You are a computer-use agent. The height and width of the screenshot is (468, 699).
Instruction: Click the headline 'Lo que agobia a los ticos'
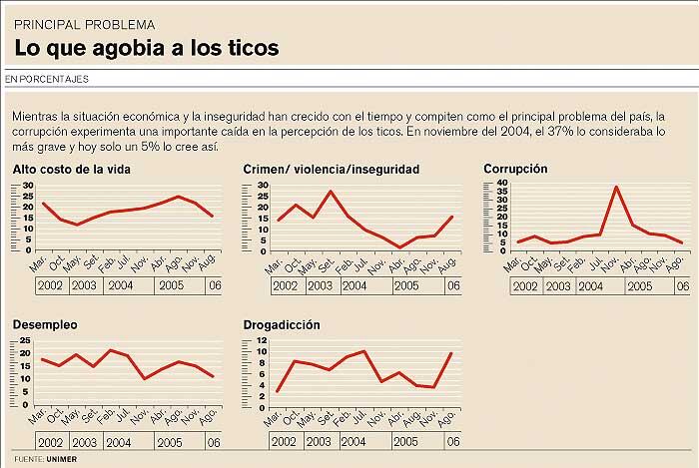pos(146,47)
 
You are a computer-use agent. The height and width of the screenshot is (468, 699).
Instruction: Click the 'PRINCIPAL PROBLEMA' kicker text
pos(85,22)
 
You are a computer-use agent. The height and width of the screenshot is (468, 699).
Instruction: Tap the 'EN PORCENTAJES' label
pos(47,78)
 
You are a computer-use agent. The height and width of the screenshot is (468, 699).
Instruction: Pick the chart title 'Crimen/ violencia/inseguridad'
pos(332,169)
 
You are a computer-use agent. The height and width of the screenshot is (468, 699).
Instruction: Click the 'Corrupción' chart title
pos(515,169)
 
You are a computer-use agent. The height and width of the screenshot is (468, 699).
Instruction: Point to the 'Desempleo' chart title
pos(47,325)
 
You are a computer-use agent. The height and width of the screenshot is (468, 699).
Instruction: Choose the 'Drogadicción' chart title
pos(289,325)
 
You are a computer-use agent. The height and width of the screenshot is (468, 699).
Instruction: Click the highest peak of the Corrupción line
pos(616,187)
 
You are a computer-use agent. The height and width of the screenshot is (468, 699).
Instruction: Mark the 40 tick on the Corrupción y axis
pos(502,184)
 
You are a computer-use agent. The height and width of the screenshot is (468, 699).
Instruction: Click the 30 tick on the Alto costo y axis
pos(28,185)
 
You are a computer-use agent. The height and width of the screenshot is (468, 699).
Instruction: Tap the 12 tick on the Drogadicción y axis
pos(261,340)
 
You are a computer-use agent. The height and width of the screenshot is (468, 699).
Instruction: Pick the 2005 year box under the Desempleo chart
pos(169,442)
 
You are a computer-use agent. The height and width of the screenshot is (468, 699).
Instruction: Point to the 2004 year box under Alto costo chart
pos(122,286)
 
